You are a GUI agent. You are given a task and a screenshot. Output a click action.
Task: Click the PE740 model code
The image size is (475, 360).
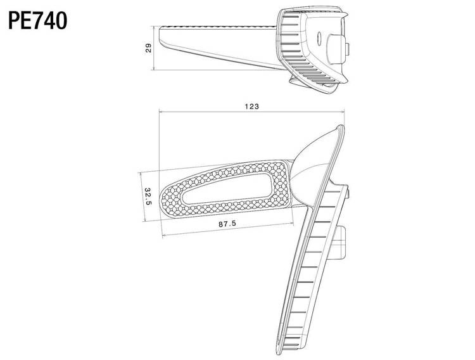tap(37, 21)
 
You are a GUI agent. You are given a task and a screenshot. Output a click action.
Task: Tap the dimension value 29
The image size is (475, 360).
tap(148, 48)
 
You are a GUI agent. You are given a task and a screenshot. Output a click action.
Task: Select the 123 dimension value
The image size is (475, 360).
tap(252, 106)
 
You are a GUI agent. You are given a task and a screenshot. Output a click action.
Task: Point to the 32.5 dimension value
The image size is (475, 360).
tap(148, 196)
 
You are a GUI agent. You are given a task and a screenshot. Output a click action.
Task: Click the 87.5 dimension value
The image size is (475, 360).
tap(227, 224)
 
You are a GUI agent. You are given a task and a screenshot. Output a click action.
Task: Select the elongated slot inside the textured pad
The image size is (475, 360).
tap(227, 189)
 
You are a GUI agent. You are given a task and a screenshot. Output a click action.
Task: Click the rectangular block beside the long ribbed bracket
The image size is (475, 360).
tap(339, 242)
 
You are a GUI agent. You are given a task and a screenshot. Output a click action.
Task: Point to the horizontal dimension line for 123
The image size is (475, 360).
tap(252, 112)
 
